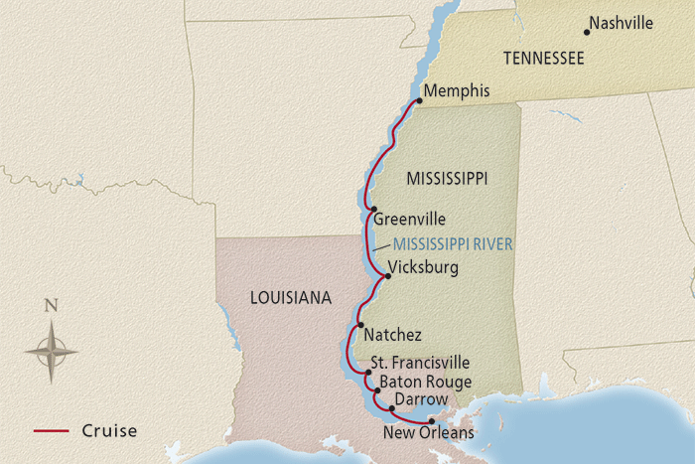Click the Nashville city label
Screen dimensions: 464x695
[621, 23]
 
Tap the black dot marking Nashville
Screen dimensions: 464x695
[587, 32]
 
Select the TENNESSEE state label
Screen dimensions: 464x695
[543, 59]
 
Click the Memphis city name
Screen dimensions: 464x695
[457, 91]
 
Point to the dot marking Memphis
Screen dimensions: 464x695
[417, 99]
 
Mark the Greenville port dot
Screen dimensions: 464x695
[374, 209]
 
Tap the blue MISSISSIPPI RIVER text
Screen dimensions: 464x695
[452, 243]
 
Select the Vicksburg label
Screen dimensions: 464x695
[423, 267]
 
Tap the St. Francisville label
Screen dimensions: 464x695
[420, 364]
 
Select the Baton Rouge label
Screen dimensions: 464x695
[418, 382]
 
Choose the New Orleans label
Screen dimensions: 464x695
[428, 433]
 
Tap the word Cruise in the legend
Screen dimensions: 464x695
[109, 431]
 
